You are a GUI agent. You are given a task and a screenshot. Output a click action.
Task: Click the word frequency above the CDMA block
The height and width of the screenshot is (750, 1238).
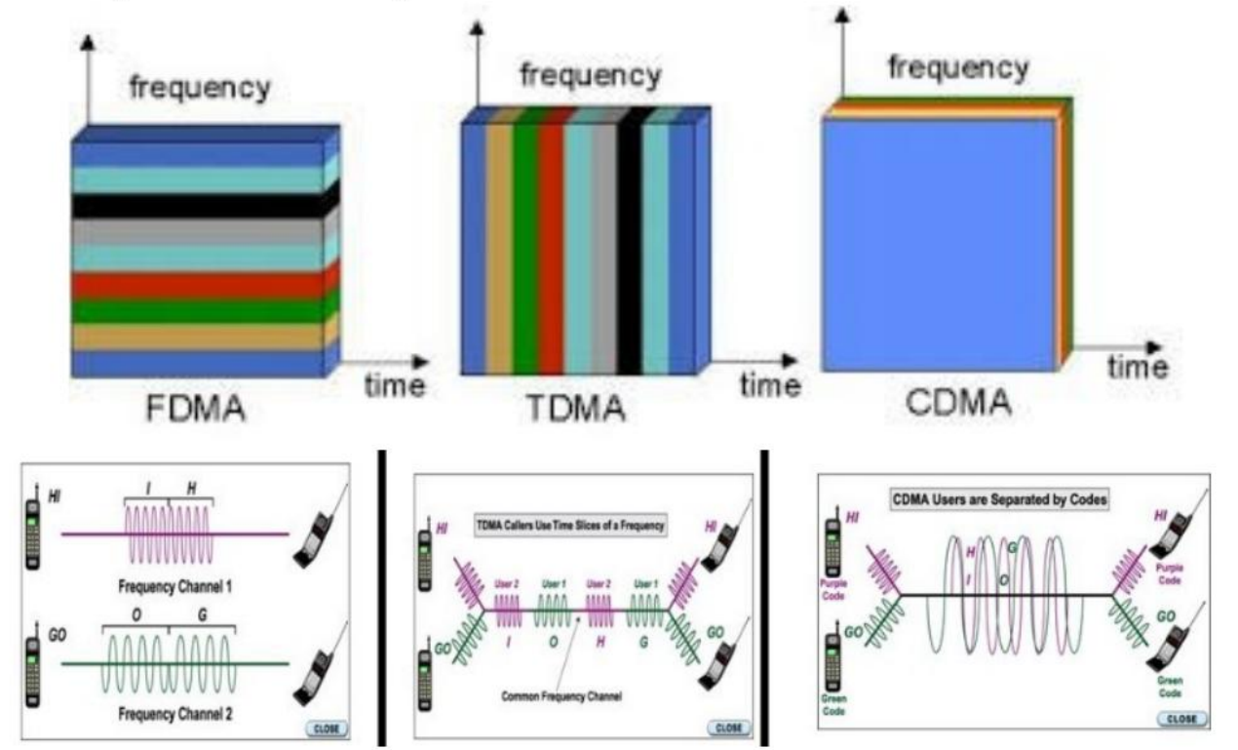click(957, 68)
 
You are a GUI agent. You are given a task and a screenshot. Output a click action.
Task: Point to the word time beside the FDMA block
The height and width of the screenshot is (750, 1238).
click(394, 385)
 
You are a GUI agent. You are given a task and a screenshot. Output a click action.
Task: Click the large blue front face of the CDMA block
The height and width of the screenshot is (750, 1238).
click(938, 244)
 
